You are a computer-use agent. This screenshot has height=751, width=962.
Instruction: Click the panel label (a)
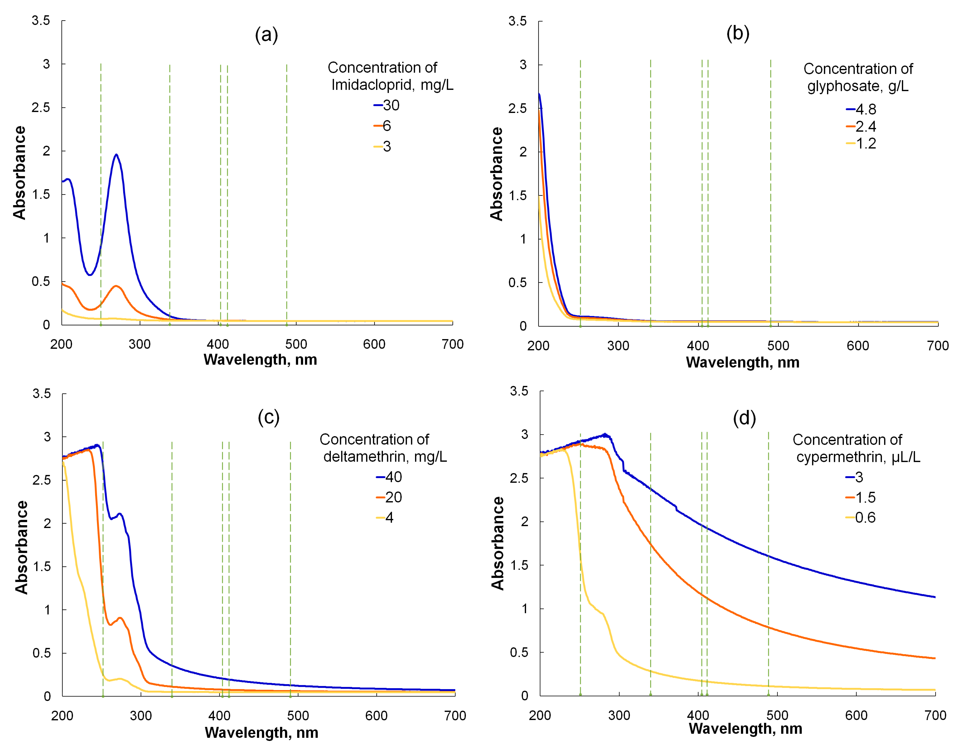click(x=266, y=34)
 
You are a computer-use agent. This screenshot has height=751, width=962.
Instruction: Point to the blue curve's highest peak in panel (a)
click(x=116, y=155)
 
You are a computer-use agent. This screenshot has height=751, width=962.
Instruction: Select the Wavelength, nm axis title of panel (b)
click(x=743, y=362)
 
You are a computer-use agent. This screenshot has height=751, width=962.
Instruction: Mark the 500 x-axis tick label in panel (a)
click(x=296, y=344)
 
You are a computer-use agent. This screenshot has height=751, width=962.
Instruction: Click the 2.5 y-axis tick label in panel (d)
click(x=519, y=478)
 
